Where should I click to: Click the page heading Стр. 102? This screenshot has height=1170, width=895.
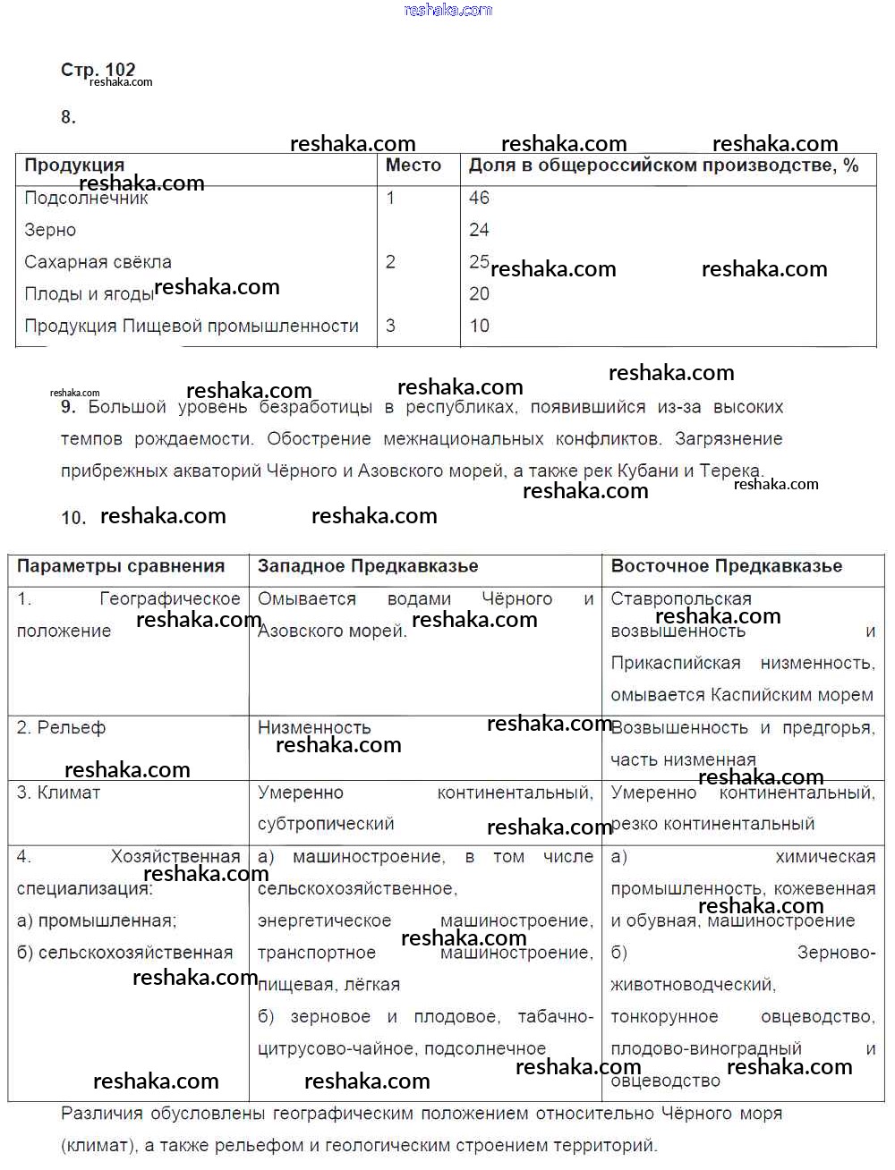(x=98, y=70)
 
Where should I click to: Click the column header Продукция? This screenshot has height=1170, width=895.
(x=74, y=165)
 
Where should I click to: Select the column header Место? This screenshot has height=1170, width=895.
(x=413, y=165)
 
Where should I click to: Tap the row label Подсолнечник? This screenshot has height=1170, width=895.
(x=86, y=199)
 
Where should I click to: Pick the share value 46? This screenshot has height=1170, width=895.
(x=479, y=198)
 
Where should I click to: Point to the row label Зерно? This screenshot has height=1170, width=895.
(x=50, y=230)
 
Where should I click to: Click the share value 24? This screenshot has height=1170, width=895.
(x=479, y=230)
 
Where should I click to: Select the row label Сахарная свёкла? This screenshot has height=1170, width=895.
(x=98, y=262)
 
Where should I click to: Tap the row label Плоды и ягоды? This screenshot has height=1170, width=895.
(x=89, y=294)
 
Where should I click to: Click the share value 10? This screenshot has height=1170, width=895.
(x=479, y=326)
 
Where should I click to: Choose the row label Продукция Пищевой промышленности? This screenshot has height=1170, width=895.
(x=192, y=326)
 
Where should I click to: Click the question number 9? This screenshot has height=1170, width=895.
(x=68, y=407)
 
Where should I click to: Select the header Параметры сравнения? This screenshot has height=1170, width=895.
(x=121, y=566)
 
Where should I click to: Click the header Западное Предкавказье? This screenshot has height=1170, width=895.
(x=368, y=566)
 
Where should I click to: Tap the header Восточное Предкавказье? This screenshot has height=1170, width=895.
(x=726, y=566)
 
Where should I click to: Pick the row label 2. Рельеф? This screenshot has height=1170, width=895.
(x=61, y=728)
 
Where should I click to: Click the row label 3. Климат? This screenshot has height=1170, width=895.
(x=58, y=793)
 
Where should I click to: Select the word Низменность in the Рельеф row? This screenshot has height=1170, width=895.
(x=314, y=728)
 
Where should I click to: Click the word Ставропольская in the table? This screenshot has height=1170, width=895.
(x=681, y=598)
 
